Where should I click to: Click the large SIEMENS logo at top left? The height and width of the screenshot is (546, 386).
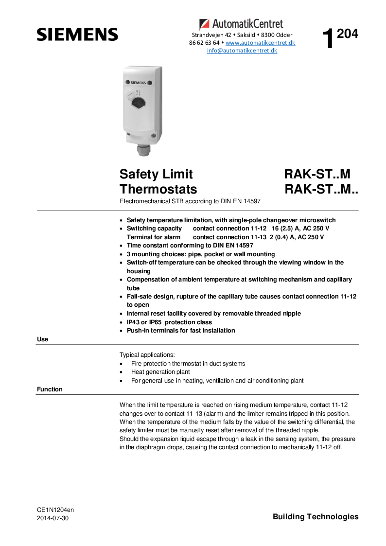[x=77, y=35]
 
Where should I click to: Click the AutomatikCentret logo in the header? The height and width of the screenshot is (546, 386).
[x=241, y=23]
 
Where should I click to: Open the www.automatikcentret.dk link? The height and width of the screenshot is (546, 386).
[x=260, y=43]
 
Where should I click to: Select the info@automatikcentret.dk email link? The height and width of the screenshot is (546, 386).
[x=242, y=51]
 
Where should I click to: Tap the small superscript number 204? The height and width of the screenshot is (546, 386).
[x=348, y=34]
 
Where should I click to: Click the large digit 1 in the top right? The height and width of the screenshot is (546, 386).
[x=329, y=40]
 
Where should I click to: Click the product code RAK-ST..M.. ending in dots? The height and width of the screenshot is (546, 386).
[x=321, y=189]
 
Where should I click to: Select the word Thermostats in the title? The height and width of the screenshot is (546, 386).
[x=158, y=189]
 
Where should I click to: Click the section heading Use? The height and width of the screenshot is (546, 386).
[x=43, y=339]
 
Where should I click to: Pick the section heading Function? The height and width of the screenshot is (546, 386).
[x=50, y=389]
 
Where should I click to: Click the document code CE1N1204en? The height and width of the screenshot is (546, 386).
[x=55, y=510]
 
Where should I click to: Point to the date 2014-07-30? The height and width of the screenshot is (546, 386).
[x=53, y=518]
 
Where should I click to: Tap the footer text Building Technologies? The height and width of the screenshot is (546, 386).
[x=316, y=517]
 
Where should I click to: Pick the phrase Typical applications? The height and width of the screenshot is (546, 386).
[x=147, y=355]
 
